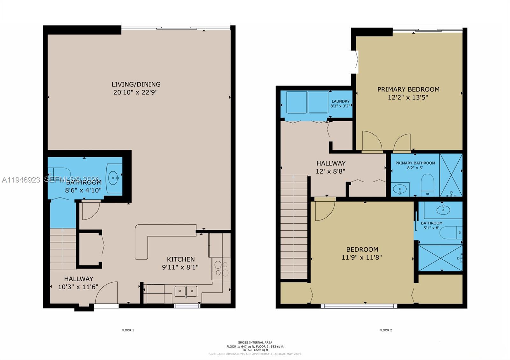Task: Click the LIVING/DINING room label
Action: coord(136,84)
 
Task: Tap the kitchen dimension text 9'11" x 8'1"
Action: coord(180,267)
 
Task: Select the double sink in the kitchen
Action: coord(186,291)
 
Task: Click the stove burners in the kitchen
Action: coord(221,269)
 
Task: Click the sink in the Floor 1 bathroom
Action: coord(113,178)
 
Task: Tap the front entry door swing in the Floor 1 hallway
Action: coord(107,292)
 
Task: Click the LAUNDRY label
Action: coord(340,101)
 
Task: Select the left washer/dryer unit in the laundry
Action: coord(296,102)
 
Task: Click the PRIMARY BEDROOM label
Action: coord(408,90)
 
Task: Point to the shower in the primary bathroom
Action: coord(451,175)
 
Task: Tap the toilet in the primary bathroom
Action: coord(427,185)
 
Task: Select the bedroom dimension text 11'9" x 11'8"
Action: coord(362,257)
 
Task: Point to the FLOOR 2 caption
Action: coord(385,330)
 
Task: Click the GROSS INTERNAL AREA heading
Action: coord(255,342)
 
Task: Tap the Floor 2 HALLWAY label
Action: coord(331,163)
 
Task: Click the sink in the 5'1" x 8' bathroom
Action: coord(443,210)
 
